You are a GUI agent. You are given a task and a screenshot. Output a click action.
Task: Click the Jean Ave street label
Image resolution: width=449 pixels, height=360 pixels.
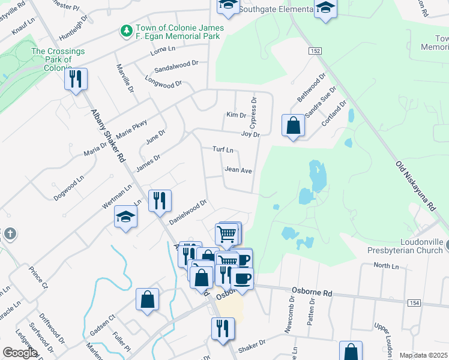click(x=238, y=170)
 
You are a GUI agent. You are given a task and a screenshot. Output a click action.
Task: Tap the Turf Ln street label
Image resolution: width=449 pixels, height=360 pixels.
click(x=222, y=149)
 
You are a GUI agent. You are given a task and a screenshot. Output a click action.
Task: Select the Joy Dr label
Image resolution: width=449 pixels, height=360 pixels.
click(x=250, y=134)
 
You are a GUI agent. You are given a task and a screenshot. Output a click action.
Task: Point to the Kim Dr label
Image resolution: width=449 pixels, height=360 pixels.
click(x=236, y=115)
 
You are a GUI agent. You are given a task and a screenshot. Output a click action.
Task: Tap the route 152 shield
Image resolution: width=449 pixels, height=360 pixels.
click(x=315, y=52)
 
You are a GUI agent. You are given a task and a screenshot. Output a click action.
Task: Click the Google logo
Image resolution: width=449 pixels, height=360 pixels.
click(x=20, y=353)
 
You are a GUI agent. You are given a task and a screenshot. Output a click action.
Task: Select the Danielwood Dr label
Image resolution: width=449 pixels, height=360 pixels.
click(x=187, y=212)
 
